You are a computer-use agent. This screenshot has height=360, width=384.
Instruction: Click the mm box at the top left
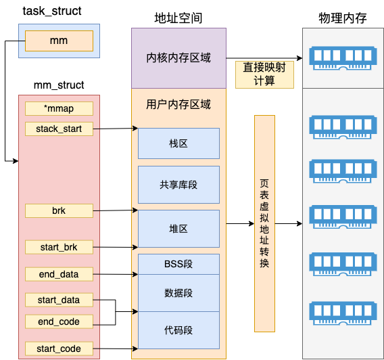pos(59,41)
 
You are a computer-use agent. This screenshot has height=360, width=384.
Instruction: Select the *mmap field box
pos(59,108)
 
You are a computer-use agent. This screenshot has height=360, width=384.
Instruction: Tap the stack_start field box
pos(59,128)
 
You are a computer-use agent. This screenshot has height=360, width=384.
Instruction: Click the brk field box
pos(59,210)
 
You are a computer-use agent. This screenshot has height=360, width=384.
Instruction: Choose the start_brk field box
pos(59,247)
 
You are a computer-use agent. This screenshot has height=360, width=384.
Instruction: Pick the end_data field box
pos(59,274)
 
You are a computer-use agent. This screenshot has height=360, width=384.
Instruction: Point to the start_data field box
pos(59,300)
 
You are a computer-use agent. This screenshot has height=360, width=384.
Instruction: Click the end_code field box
pos(59,321)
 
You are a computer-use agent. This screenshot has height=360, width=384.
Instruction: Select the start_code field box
pos(59,348)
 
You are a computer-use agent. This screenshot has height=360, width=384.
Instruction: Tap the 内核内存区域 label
pos(178,58)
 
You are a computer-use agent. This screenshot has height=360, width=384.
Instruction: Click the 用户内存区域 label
pos(178,105)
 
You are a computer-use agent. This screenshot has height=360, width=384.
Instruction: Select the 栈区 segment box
pos(178,144)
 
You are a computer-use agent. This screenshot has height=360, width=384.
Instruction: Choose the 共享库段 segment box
pos(178,185)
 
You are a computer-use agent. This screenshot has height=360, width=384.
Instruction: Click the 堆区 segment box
pos(178,229)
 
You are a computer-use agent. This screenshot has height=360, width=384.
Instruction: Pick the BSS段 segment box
pos(178,264)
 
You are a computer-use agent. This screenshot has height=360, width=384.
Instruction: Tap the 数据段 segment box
pos(178,293)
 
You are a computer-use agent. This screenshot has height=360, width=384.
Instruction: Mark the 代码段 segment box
pos(178,330)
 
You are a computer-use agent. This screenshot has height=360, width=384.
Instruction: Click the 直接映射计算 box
pos(264,74)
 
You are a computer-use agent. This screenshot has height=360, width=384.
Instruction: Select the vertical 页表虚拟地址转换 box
pos(264,223)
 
